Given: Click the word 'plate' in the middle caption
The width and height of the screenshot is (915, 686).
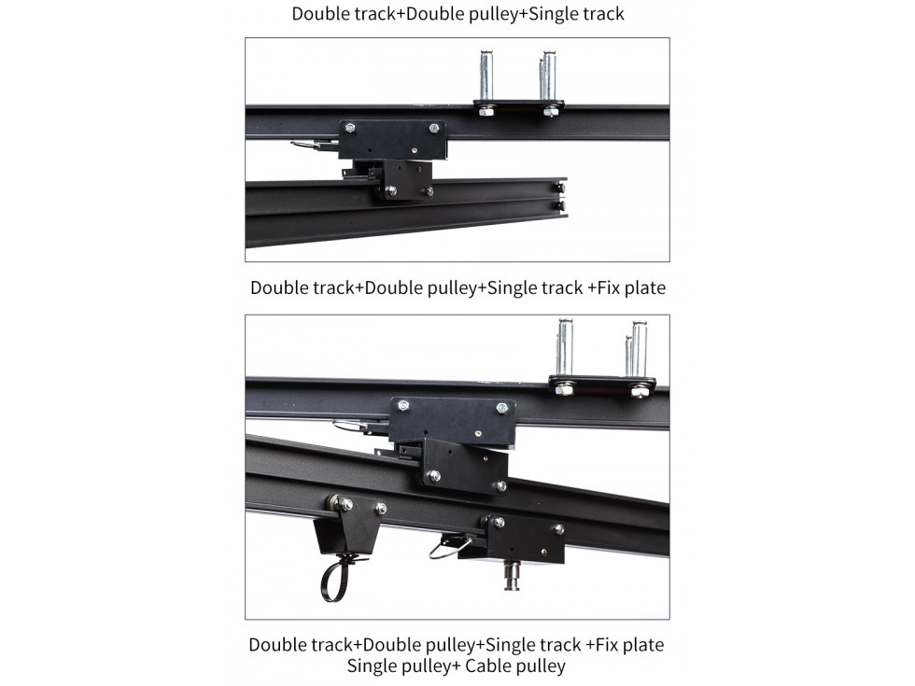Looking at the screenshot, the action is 645,288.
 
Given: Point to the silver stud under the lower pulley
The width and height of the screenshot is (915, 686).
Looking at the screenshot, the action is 512,575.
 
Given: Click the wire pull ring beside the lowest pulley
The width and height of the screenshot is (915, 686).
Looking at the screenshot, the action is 449,549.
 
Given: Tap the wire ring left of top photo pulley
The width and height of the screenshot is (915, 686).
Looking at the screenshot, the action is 314,146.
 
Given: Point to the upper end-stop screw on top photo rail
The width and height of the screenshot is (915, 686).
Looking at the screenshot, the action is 559,188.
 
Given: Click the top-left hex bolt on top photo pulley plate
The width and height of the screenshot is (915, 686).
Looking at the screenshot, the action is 349,128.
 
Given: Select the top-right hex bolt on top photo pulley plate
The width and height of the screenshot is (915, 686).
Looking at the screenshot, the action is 434,129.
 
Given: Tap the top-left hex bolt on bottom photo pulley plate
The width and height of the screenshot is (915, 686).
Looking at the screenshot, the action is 403,405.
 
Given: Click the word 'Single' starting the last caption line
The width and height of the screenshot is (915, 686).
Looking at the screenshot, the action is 373,666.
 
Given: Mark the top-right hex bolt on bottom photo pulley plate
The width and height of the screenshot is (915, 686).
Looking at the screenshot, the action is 501,408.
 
